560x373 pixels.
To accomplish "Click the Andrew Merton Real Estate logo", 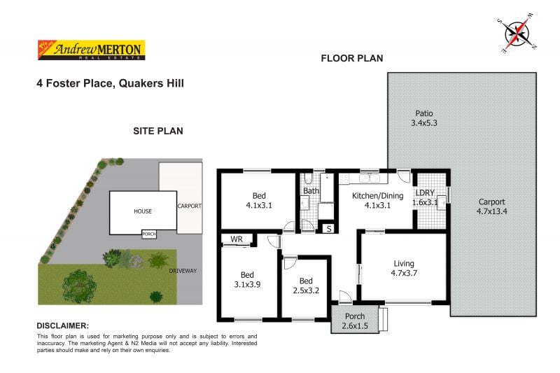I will pos(90,49).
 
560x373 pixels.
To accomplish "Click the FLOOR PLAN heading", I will pos(351,58).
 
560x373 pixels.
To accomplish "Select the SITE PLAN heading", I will pos(158,131).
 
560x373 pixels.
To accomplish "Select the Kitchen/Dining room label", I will pos(378,200).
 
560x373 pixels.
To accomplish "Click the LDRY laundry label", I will pos(426,198).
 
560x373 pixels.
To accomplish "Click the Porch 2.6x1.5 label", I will pos(354,321).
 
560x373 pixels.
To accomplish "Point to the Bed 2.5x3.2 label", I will pos(304,285).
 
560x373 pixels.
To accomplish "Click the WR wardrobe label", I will pos(237,239).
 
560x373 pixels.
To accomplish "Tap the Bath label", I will pos(311,190).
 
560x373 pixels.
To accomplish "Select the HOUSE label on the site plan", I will pos(143,211).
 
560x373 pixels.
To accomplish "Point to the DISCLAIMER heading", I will pos(62,325).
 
